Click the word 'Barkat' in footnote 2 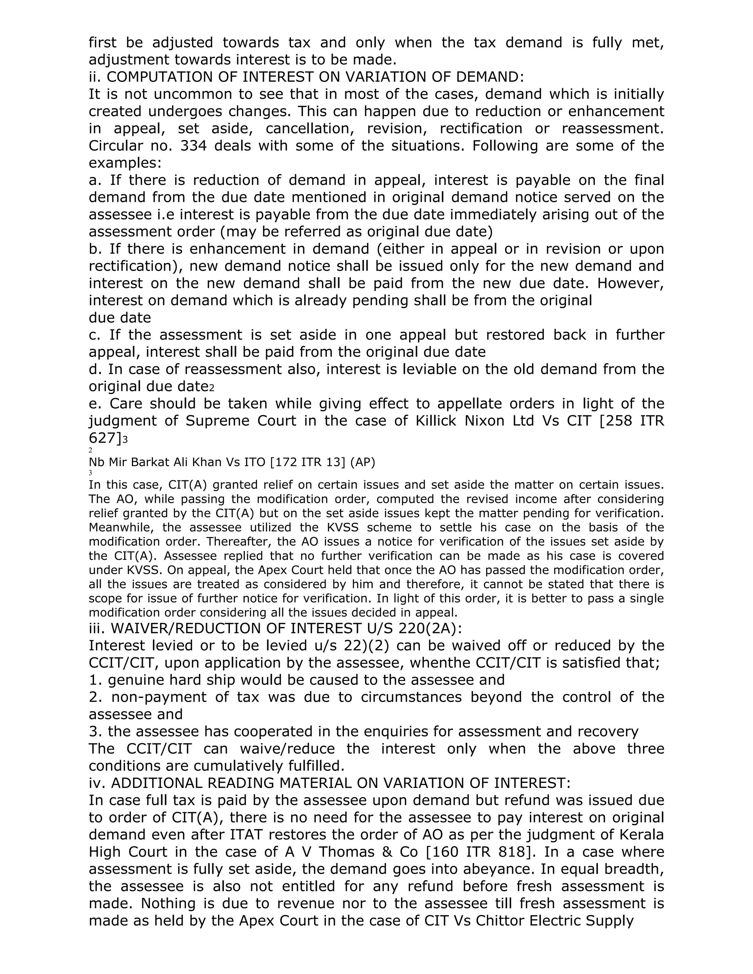coord(150,462)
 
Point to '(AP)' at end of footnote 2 coord(362,462)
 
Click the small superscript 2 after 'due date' coord(212,388)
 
